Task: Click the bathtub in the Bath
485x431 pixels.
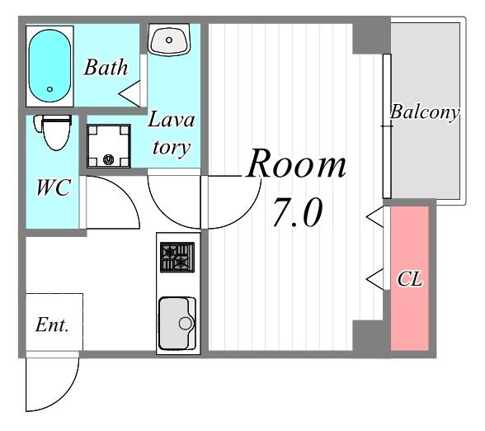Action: [x=49, y=66]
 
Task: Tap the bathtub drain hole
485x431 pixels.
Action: [x=49, y=89]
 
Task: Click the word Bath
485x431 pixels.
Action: [x=106, y=67]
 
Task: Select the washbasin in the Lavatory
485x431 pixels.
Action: [x=168, y=40]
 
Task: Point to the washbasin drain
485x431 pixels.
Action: [x=169, y=40]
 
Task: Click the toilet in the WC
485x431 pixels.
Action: [x=53, y=132]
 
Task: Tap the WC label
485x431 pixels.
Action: [x=54, y=187]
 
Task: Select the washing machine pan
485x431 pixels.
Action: [x=108, y=146]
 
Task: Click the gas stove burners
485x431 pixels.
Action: [x=177, y=258]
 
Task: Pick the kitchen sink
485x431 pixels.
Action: [x=177, y=323]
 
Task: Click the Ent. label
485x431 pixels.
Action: [x=52, y=325]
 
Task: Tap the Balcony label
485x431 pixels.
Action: [x=424, y=112]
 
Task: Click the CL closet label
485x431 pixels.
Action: [x=409, y=279]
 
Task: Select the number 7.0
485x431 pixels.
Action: [x=297, y=212]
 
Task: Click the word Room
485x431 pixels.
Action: [x=296, y=163]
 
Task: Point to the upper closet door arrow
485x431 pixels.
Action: [x=374, y=217]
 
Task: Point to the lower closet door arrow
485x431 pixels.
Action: [x=374, y=279]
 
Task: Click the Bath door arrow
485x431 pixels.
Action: [x=129, y=93]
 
